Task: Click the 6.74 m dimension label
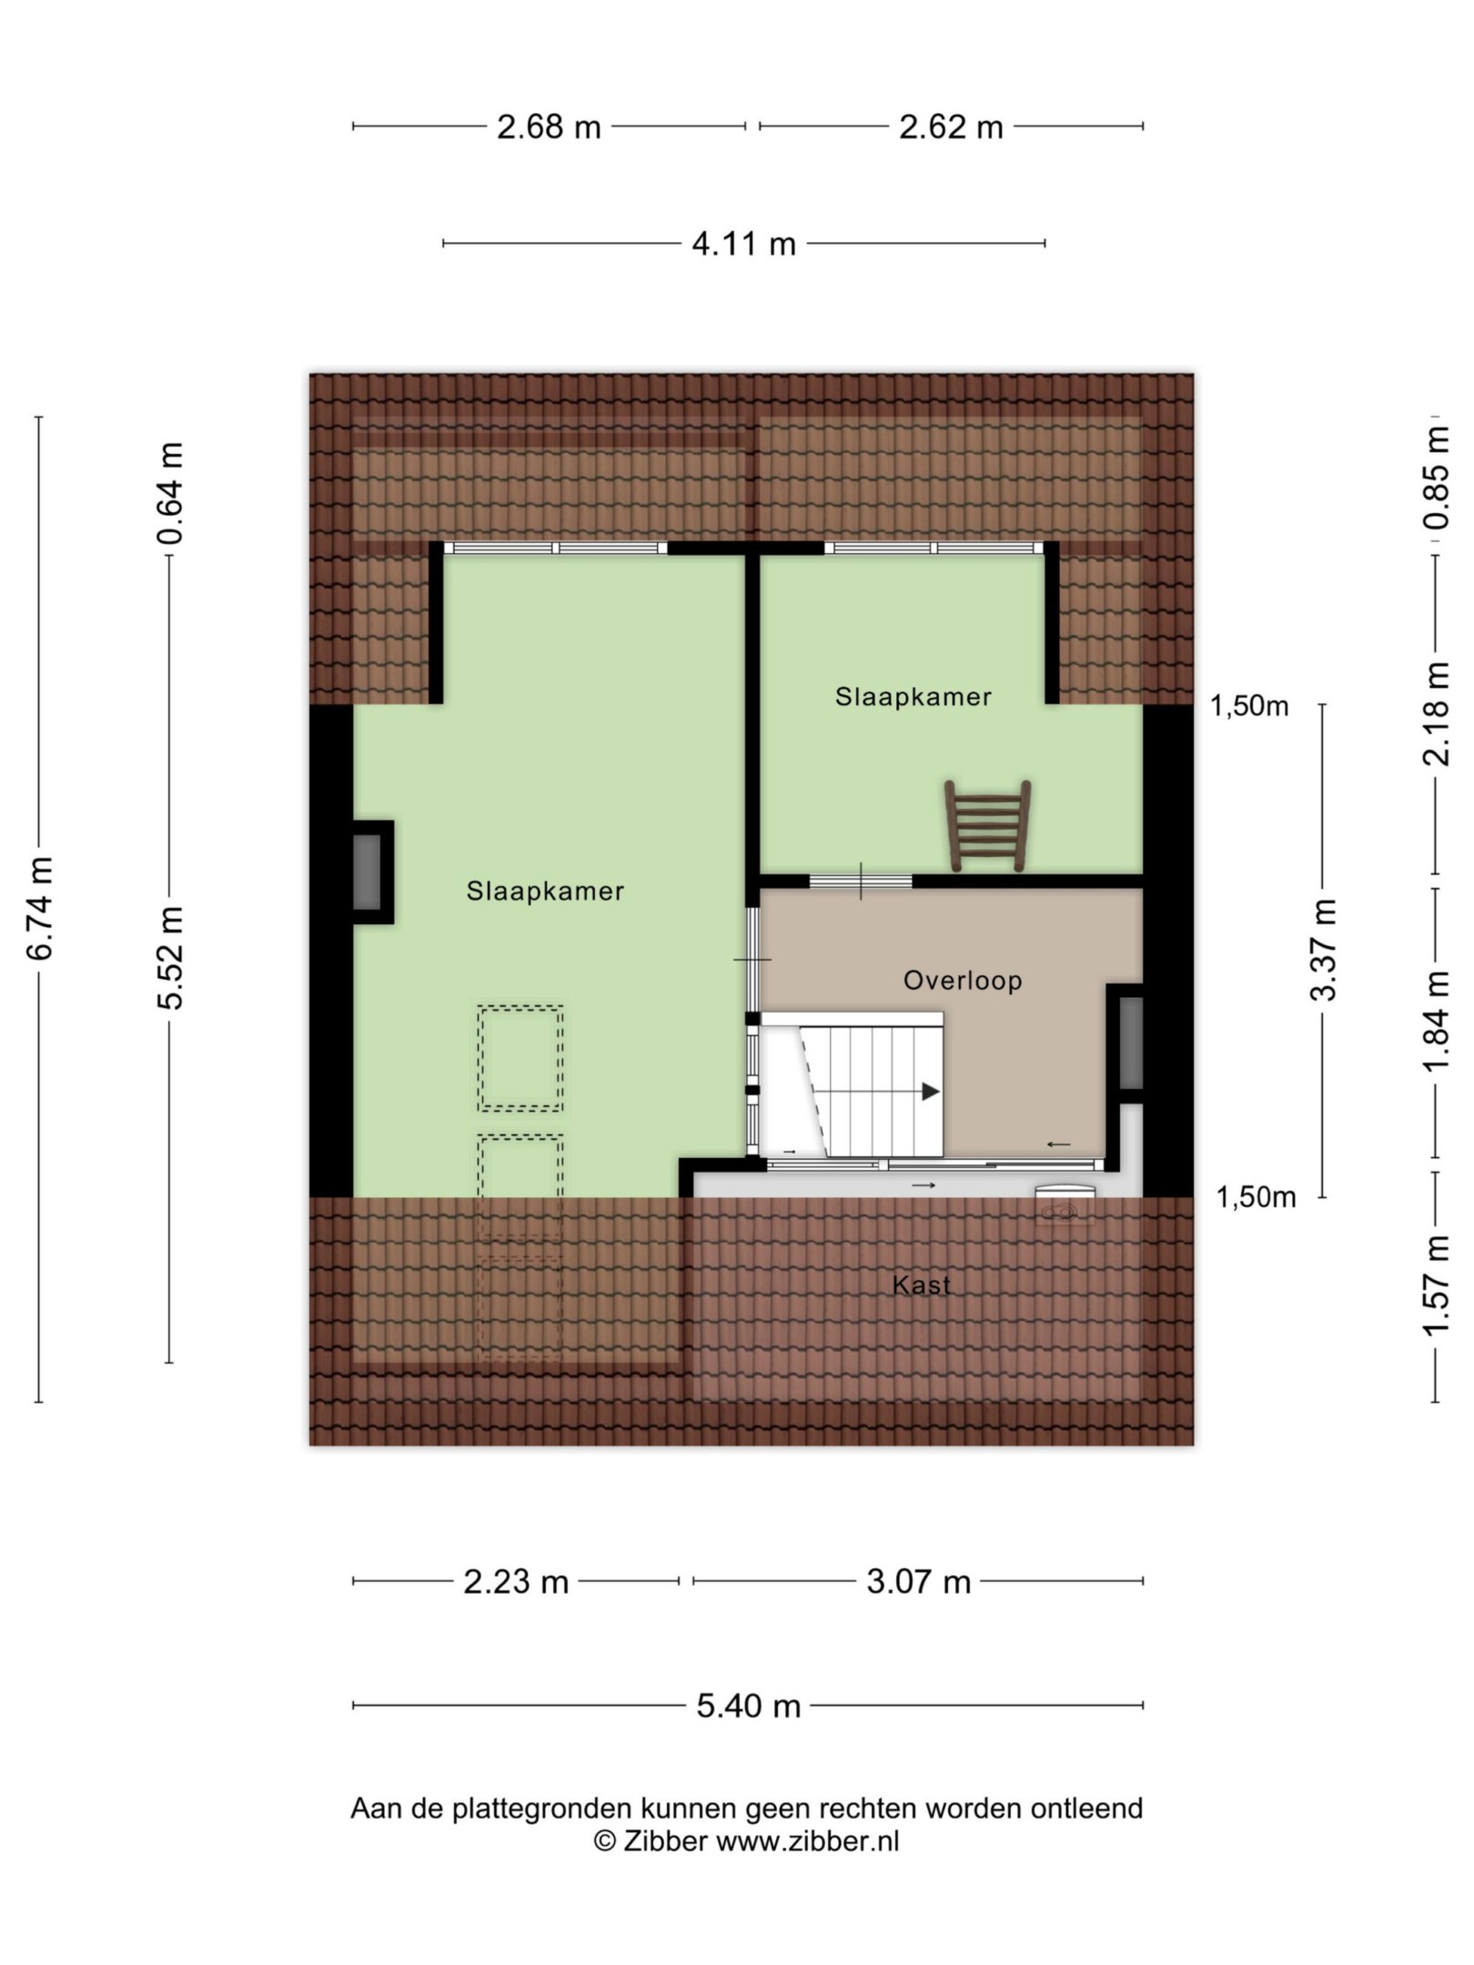[x=40, y=908]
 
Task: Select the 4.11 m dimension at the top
[x=743, y=244]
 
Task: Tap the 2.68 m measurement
[x=549, y=126]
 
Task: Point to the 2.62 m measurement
[x=951, y=126]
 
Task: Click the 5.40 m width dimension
[x=748, y=1706]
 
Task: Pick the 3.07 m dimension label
[x=918, y=1582]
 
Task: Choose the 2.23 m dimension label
[x=516, y=1582]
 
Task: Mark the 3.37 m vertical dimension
[x=1323, y=949]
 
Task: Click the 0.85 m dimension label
[x=1437, y=478]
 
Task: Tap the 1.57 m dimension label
[x=1437, y=1285]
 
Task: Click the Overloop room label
[x=963, y=981]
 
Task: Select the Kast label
[x=921, y=1285]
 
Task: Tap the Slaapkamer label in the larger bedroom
[x=545, y=891]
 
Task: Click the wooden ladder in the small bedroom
[x=987, y=826]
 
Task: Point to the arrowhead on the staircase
[x=930, y=1092]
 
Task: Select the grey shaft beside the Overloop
[x=1130, y=1043]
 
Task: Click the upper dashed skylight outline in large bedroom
[x=520, y=1058]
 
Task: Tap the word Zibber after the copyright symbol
[x=664, y=1840]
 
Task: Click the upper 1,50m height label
[x=1248, y=706]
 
